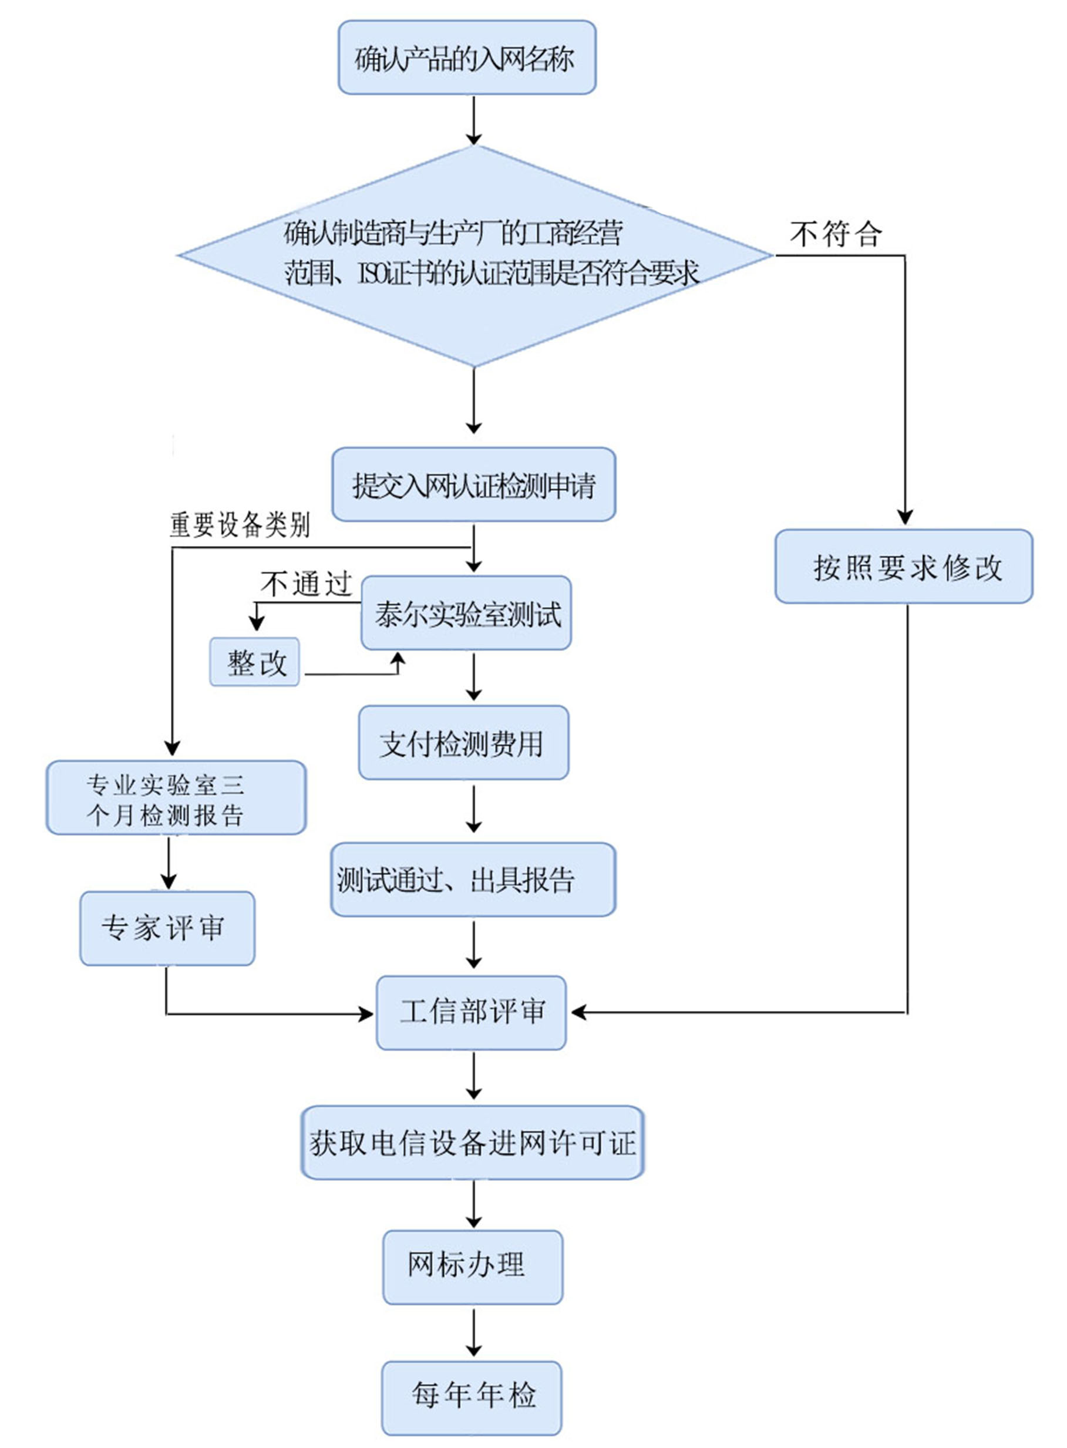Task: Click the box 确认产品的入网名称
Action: (x=467, y=58)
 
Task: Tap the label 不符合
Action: (x=836, y=234)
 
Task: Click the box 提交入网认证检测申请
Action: (x=473, y=485)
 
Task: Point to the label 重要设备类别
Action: (x=240, y=525)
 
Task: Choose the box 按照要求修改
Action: (x=904, y=567)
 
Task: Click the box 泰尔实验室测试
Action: (x=466, y=613)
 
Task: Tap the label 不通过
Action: (x=306, y=584)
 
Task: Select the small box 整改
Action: (x=255, y=662)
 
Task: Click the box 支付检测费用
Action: (x=464, y=743)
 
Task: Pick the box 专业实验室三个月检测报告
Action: (x=176, y=798)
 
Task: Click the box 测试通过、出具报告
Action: (x=473, y=880)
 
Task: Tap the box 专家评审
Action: (x=167, y=929)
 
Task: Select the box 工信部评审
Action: (x=472, y=1013)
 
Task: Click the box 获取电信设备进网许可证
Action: (x=473, y=1143)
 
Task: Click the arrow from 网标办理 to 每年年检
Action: (x=473, y=1332)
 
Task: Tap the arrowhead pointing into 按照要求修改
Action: (x=905, y=518)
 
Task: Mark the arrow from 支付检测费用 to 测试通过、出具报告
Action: (x=473, y=809)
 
